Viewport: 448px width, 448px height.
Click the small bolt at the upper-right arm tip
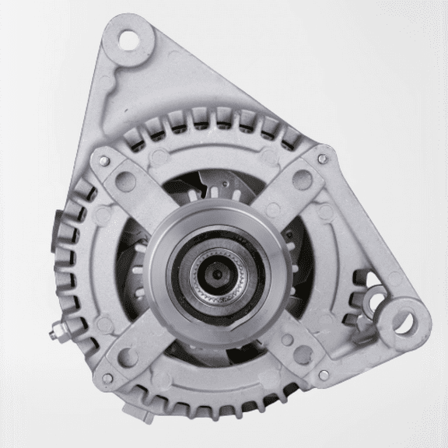pos(320,160)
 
